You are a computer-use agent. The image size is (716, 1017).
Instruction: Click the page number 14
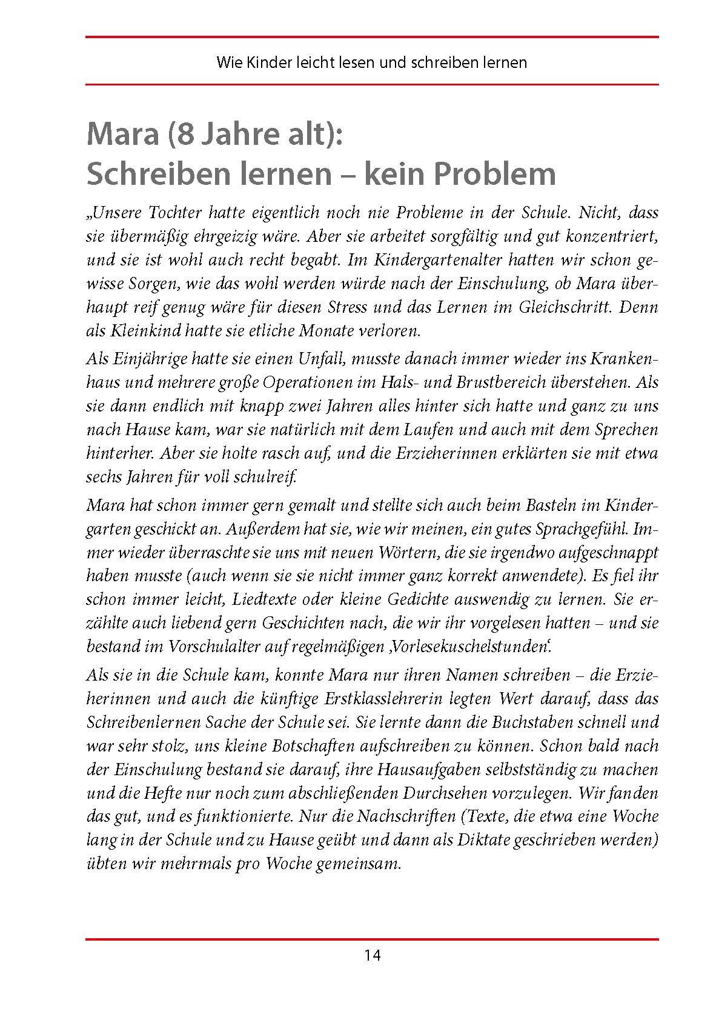click(x=372, y=956)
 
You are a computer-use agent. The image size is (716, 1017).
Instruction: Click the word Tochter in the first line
click(x=174, y=212)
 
